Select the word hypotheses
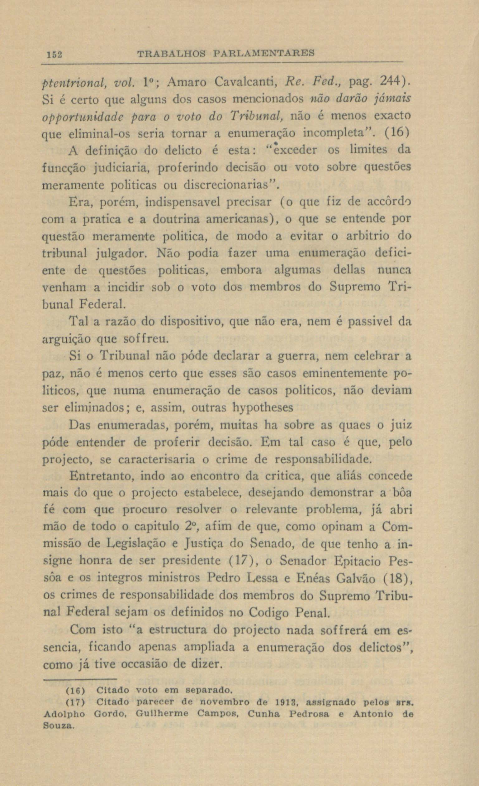(263, 408)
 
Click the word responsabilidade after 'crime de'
(323, 459)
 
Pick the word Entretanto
(100, 477)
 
